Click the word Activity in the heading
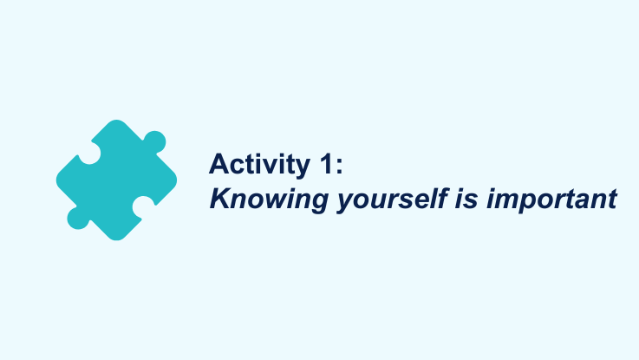click(x=259, y=165)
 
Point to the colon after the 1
click(x=339, y=167)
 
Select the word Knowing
click(x=269, y=200)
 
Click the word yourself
click(x=393, y=200)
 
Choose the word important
click(x=551, y=200)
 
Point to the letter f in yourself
click(x=442, y=199)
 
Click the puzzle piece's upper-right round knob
click(x=155, y=142)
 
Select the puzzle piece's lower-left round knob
click(x=78, y=218)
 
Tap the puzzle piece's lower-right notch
click(x=143, y=206)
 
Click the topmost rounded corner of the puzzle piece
click(x=116, y=122)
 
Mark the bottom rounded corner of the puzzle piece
click(x=116, y=238)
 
